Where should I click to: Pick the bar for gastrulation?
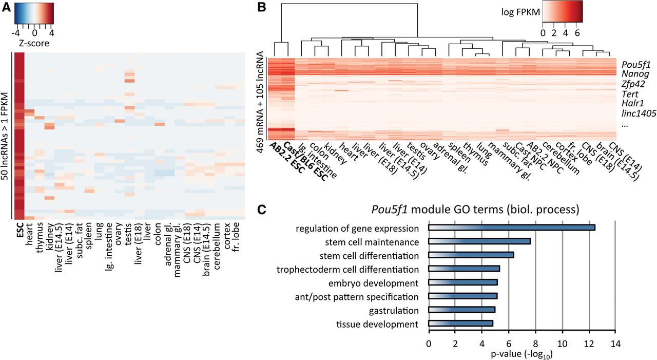coord(461,310)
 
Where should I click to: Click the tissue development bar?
coord(460,324)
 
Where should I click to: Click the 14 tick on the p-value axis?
coord(616,343)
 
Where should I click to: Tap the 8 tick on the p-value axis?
coord(535,343)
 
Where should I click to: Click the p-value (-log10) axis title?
coord(522,353)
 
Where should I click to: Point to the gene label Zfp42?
coord(633,83)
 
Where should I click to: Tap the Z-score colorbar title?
coord(33,43)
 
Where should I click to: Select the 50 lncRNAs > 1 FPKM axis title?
coord(5,136)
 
